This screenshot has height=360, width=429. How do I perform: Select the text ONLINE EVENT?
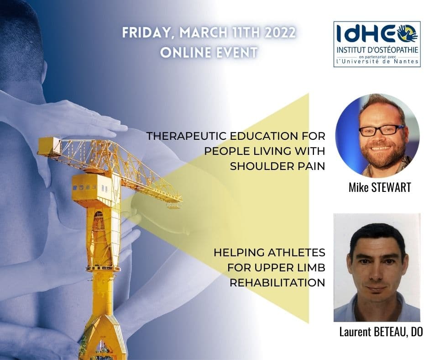[x=209, y=53]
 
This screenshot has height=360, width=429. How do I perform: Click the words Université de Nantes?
[x=377, y=62]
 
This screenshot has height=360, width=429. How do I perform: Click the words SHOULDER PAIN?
[x=277, y=166]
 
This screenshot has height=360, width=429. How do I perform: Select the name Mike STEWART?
[x=380, y=187]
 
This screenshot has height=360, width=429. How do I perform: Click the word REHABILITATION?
[x=277, y=282]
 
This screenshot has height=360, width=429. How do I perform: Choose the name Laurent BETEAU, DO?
[x=381, y=332]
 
